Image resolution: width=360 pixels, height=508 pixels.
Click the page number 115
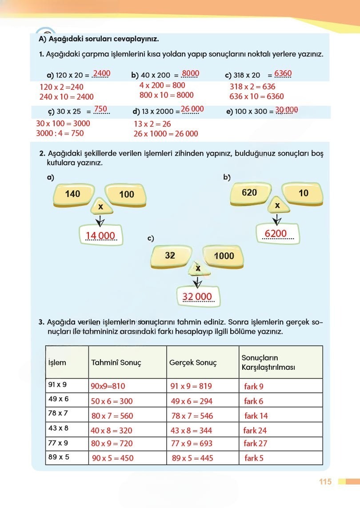click(325, 482)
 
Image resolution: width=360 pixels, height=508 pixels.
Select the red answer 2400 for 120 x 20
click(101, 73)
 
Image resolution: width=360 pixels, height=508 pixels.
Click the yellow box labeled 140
click(73, 194)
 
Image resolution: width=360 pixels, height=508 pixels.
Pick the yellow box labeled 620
click(249, 192)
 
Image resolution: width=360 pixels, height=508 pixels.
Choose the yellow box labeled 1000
click(224, 256)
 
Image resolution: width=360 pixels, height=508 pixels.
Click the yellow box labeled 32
click(170, 256)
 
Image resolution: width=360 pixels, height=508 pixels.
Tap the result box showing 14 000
click(100, 236)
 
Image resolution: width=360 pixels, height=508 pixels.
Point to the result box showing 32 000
click(198, 296)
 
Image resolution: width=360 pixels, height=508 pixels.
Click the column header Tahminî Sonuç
click(116, 363)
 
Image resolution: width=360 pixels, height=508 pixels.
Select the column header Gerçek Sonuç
click(193, 363)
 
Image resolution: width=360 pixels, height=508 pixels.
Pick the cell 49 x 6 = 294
click(192, 401)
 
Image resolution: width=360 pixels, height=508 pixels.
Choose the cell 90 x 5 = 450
click(112, 458)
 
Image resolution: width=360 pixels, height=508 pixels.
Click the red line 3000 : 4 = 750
click(60, 133)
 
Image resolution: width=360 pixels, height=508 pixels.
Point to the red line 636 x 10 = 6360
click(256, 96)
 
